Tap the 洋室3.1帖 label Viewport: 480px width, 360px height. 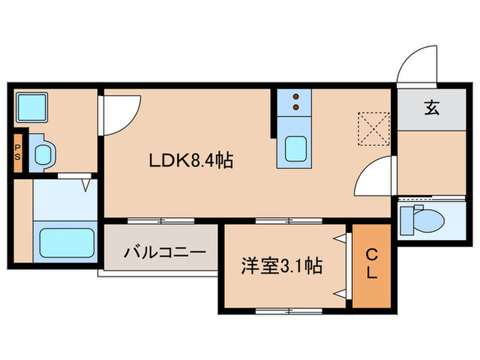282,263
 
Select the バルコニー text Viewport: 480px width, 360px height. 165,252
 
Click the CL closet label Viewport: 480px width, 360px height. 371,265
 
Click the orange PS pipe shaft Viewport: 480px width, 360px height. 19,149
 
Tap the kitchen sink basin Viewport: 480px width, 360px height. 296,148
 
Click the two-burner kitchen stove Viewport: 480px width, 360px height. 296,102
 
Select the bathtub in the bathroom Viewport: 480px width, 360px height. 67,241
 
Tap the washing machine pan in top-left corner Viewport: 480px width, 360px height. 31,106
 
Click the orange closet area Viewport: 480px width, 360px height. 371,267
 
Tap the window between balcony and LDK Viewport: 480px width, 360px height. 160,221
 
